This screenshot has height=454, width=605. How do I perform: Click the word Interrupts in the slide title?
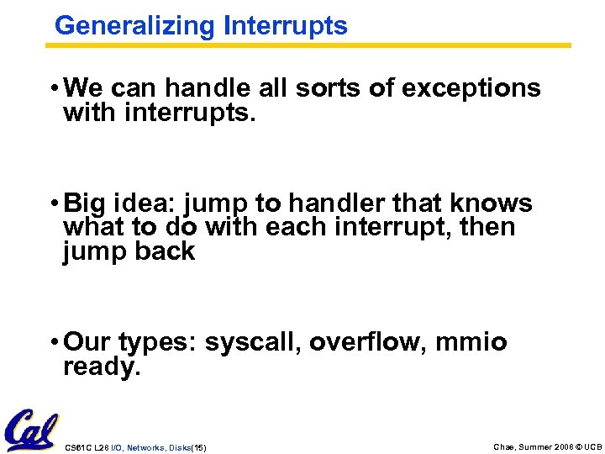pyautogui.click(x=285, y=26)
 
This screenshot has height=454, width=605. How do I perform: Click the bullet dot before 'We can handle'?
pyautogui.click(x=54, y=88)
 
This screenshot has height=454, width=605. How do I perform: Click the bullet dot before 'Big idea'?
pyautogui.click(x=54, y=203)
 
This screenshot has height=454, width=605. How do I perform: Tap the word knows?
pyautogui.click(x=491, y=203)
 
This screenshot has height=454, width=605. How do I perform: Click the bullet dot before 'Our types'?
pyautogui.click(x=54, y=343)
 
